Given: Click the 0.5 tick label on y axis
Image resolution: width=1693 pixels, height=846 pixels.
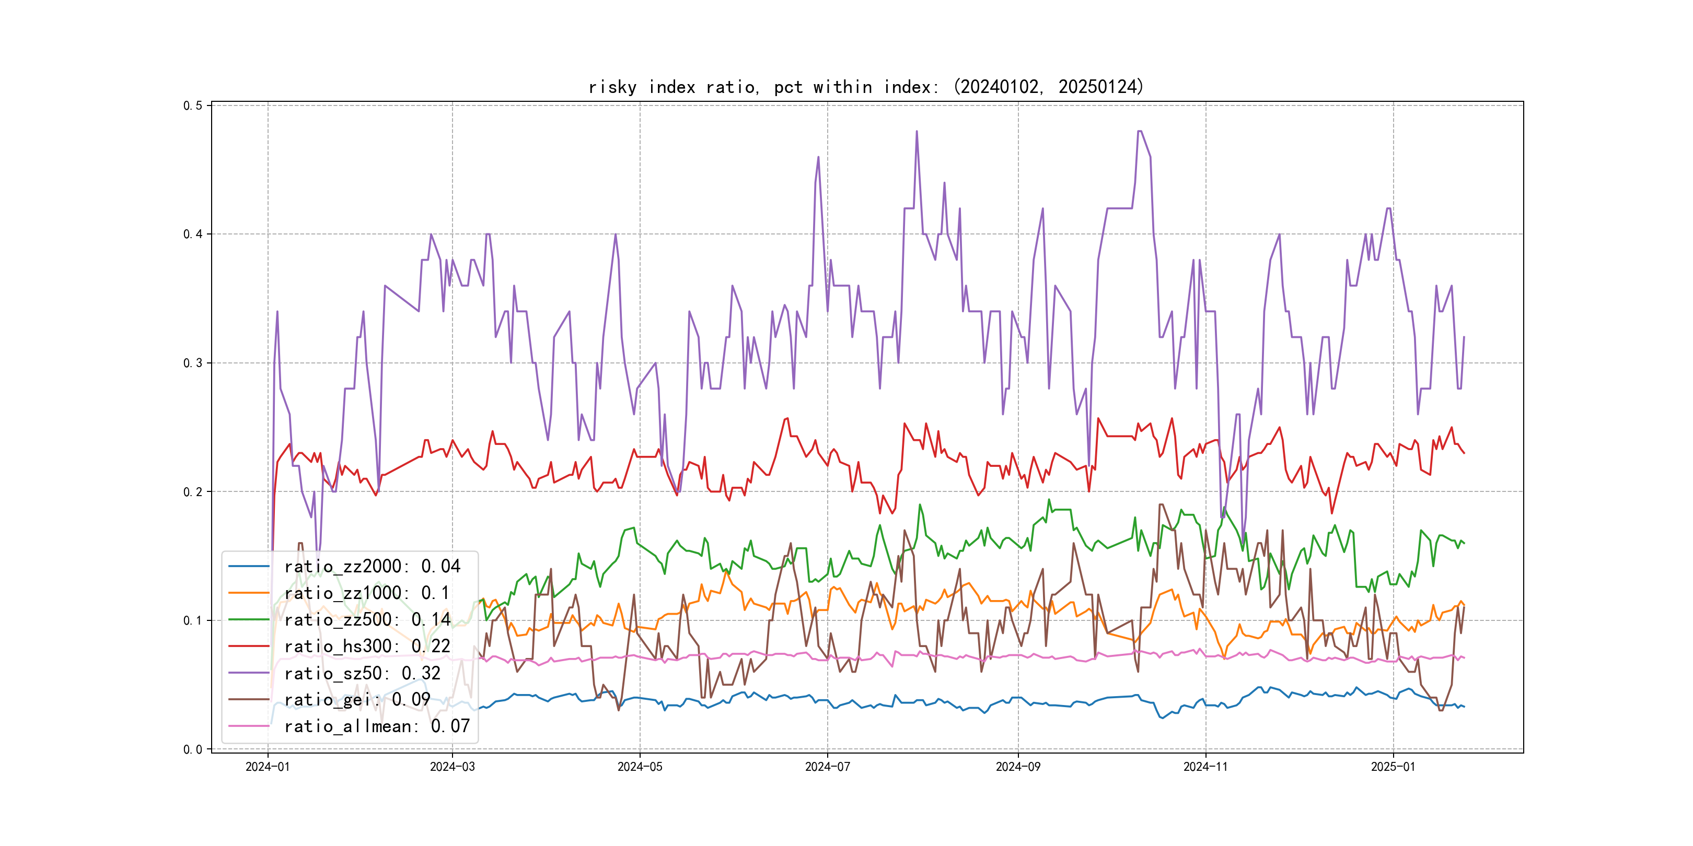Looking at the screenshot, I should pyautogui.click(x=193, y=105).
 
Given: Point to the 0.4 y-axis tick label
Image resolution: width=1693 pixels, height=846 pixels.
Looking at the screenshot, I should pyautogui.click(x=193, y=234).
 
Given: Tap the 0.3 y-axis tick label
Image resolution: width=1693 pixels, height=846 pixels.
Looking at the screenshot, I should pyautogui.click(x=193, y=363).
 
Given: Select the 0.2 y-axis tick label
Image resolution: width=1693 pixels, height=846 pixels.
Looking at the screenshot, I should pyautogui.click(x=193, y=492).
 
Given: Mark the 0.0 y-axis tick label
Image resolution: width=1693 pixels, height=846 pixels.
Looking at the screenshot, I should pyautogui.click(x=193, y=749).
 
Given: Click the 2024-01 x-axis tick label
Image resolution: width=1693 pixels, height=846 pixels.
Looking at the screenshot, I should pyautogui.click(x=268, y=767).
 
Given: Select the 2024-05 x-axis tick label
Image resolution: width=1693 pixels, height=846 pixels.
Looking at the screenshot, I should pyautogui.click(x=640, y=767).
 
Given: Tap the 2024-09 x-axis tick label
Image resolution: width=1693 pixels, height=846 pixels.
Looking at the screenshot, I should pyautogui.click(x=1018, y=767).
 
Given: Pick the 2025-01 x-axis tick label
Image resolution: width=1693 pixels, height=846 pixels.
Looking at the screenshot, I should pyautogui.click(x=1393, y=767).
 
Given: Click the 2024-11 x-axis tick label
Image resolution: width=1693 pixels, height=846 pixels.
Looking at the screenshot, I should pyautogui.click(x=1205, y=767).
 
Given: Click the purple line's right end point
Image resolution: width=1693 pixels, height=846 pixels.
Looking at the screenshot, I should pyautogui.click(x=1464, y=337).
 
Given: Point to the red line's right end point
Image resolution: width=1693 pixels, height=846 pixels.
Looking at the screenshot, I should pyautogui.click(x=1464, y=453).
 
